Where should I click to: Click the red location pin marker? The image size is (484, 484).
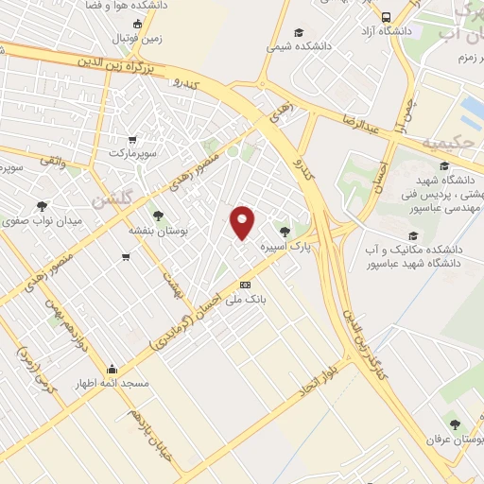pos(243,222)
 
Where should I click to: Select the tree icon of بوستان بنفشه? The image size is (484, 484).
pos(159,216)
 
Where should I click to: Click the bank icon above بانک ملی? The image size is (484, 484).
pos(246,285)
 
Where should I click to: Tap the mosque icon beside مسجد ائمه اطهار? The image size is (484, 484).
pos(112,370)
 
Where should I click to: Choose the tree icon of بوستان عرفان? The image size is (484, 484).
pos(455,424)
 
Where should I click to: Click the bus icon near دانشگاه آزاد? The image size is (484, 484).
pos(386,17)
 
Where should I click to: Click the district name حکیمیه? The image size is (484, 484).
pos(445,143)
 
